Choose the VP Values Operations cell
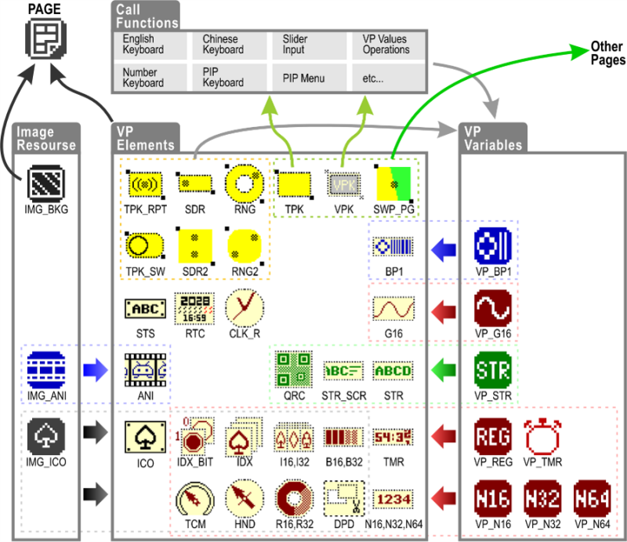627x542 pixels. (x=387, y=45)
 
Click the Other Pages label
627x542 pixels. (x=608, y=54)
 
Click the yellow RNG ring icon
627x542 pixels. (x=244, y=184)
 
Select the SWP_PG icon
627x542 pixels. (x=394, y=184)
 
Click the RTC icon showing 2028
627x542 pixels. (x=194, y=308)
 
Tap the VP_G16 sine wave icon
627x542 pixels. (x=493, y=308)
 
